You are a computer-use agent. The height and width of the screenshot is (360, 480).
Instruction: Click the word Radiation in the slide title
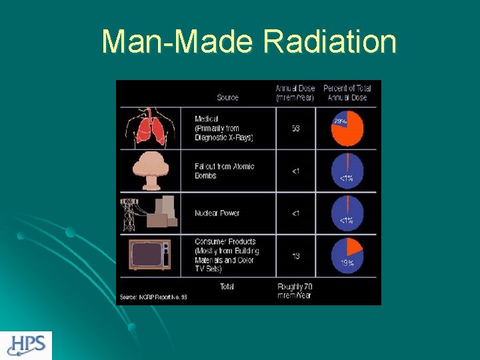click(329, 42)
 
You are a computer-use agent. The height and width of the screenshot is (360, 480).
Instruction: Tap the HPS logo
click(26, 345)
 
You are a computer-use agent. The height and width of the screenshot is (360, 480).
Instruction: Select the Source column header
click(227, 98)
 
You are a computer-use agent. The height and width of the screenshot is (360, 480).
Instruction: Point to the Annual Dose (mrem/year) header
click(295, 93)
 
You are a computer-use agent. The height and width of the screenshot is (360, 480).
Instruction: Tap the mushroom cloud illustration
click(149, 171)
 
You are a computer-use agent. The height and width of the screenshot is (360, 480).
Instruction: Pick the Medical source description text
click(224, 128)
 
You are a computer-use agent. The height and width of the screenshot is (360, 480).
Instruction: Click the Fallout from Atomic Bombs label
click(224, 171)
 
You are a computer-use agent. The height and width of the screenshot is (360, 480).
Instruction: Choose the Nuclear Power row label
click(217, 213)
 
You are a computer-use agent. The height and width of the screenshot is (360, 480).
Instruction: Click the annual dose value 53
click(295, 129)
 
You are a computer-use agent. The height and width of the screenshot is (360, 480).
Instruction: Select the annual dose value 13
click(295, 255)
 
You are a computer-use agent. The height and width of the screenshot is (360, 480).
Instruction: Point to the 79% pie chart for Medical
click(347, 129)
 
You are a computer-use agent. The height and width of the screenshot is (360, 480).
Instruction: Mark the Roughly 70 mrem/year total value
click(295, 291)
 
